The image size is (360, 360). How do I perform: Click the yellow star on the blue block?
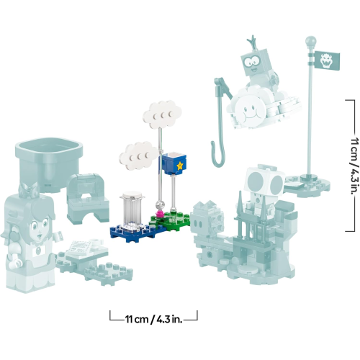179,166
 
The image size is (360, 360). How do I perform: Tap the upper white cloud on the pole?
162,114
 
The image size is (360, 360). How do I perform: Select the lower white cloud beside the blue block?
138,156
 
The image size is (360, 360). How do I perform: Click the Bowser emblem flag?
327,60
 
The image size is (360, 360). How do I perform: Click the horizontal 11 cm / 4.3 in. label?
153,320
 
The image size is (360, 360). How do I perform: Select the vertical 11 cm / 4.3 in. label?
356,166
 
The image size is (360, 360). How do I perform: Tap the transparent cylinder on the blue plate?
132,209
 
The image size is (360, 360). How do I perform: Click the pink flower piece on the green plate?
161,213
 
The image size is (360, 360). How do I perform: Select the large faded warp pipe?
48,165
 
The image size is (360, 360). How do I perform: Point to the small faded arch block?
87,199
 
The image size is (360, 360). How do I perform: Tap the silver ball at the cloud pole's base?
160,204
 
